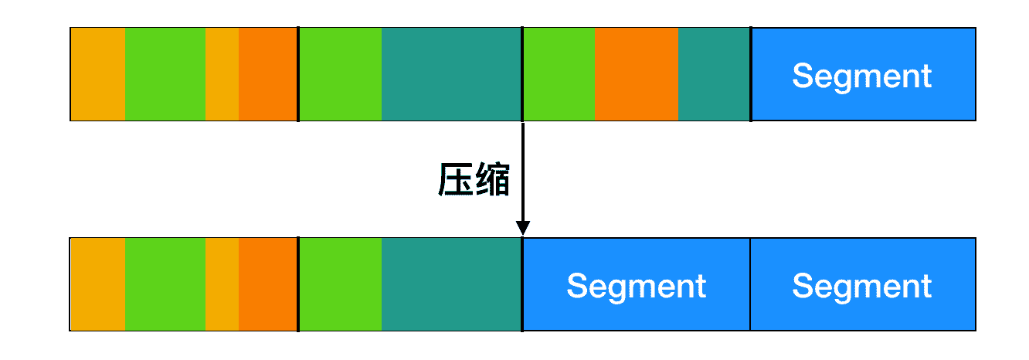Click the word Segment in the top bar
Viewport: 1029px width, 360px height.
click(x=862, y=76)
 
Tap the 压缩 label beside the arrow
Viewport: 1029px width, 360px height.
click(x=474, y=181)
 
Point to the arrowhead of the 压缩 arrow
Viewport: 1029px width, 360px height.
click(x=523, y=228)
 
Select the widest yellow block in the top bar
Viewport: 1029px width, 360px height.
click(x=97, y=74)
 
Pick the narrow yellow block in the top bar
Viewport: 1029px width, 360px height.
click(x=222, y=74)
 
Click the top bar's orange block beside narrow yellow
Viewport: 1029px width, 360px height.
click(x=268, y=74)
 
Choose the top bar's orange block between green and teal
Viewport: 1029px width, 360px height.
click(x=637, y=74)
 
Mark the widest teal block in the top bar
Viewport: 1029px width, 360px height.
click(x=451, y=74)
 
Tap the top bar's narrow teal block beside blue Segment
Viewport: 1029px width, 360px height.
click(x=714, y=74)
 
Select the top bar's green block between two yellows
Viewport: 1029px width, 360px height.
click(x=165, y=74)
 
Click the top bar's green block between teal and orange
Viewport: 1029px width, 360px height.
click(x=559, y=74)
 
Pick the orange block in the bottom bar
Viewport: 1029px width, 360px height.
click(x=268, y=284)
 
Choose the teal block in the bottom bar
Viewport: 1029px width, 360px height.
click(x=451, y=284)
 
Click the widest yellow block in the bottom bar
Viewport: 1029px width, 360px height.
click(x=97, y=284)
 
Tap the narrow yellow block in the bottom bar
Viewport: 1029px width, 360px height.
click(x=222, y=284)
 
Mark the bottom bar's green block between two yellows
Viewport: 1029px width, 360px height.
click(x=165, y=284)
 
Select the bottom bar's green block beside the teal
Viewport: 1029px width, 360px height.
click(x=340, y=284)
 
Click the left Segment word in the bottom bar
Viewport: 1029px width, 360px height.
click(x=637, y=286)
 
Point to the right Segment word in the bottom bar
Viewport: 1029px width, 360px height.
click(x=862, y=286)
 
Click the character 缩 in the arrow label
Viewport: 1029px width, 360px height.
click(x=491, y=181)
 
